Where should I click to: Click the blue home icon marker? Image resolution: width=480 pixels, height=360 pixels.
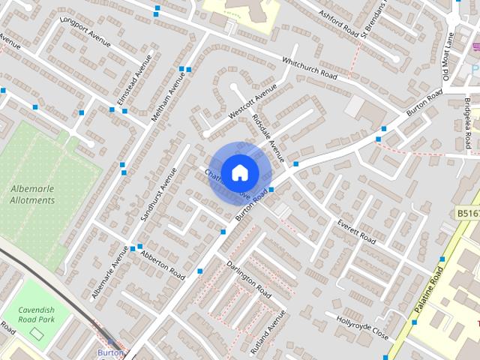click(239, 172)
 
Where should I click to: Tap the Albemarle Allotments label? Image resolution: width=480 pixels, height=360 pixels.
click(32, 195)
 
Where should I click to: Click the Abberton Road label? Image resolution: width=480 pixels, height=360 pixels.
click(160, 263)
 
